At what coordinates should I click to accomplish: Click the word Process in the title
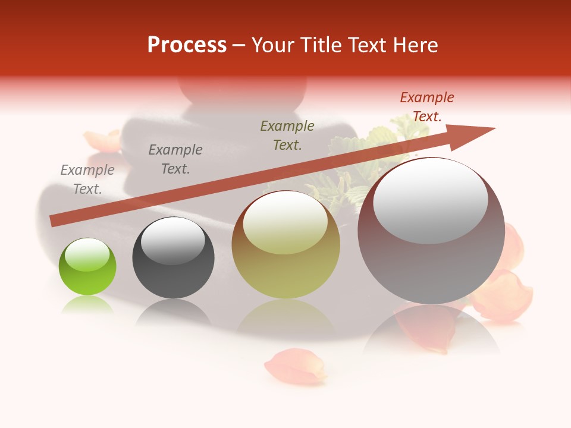coord(187,45)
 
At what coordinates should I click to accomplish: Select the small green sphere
coord(87,267)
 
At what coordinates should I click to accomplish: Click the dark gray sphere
coord(173,257)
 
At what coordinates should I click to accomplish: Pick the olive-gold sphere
coord(285,245)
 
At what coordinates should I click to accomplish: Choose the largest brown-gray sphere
coord(431,232)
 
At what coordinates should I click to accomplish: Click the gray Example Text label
coord(87,180)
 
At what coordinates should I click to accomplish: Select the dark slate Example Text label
coord(175,159)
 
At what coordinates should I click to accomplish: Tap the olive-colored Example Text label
coord(287,135)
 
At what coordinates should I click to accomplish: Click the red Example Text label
coord(426,107)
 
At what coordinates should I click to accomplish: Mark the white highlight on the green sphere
coord(87,255)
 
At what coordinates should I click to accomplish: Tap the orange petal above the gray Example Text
coord(102,141)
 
